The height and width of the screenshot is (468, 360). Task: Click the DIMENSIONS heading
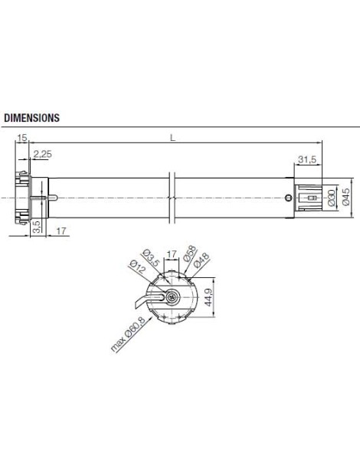32,119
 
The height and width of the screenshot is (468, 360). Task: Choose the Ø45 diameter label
347,197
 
